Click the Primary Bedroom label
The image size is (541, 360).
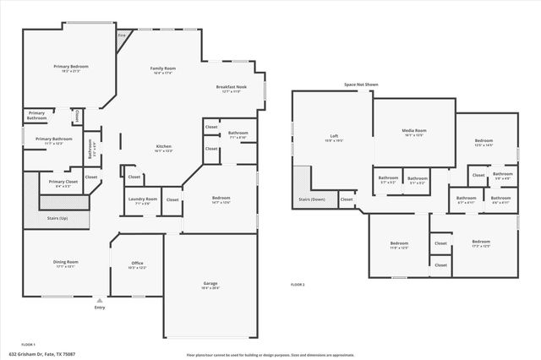(71, 66)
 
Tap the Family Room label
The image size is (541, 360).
(163, 68)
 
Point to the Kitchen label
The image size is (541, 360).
(163, 147)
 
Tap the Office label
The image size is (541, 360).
(137, 264)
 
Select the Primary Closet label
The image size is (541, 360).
(63, 183)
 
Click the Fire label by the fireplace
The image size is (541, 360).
(122, 35)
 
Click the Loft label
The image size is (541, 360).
(334, 137)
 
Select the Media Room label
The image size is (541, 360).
(414, 131)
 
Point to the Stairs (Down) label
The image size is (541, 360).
(312, 199)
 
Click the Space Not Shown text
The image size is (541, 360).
(360, 85)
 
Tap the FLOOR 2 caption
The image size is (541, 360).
(298, 285)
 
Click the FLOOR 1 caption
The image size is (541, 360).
(28, 345)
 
